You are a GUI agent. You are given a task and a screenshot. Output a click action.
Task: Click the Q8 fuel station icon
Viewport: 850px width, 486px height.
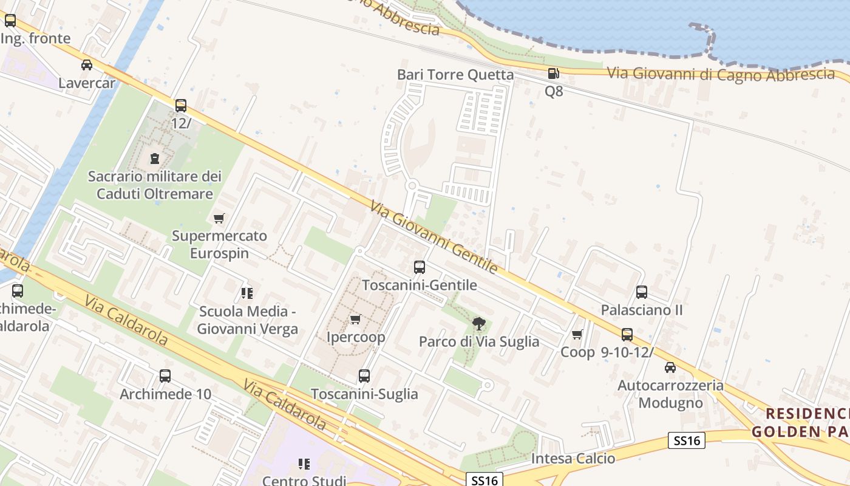(x=553, y=74)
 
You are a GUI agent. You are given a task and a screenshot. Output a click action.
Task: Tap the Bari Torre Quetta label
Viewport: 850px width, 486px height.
(x=455, y=75)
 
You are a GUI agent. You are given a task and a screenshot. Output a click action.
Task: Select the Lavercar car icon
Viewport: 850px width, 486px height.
(x=87, y=65)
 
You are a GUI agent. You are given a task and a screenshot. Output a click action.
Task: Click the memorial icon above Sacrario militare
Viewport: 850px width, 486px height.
(x=155, y=159)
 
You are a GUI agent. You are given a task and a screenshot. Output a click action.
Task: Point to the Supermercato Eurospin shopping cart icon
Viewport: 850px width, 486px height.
(x=219, y=218)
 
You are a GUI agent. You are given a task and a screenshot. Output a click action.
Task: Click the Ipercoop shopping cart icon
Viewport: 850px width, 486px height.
(x=356, y=319)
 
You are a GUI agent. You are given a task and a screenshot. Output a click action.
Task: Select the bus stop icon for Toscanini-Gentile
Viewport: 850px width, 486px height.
(x=419, y=267)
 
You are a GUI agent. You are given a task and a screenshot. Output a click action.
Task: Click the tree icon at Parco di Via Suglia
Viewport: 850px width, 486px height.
(x=479, y=323)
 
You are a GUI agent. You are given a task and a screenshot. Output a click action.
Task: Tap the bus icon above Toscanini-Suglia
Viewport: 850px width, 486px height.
(x=364, y=376)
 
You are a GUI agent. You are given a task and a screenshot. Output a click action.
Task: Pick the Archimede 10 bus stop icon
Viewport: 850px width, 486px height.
(x=165, y=376)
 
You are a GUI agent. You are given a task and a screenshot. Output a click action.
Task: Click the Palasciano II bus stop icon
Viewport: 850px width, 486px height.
(x=642, y=292)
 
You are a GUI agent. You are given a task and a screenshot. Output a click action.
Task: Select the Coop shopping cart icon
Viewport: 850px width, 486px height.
(x=577, y=334)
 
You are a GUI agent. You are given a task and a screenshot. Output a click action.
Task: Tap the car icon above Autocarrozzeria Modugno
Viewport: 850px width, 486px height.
(x=670, y=368)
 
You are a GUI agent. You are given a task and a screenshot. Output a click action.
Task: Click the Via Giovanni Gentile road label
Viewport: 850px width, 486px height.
(x=433, y=237)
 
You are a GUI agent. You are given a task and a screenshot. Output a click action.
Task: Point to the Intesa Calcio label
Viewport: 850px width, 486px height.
(x=573, y=459)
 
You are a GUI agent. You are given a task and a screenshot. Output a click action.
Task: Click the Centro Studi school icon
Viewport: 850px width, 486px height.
(x=304, y=465)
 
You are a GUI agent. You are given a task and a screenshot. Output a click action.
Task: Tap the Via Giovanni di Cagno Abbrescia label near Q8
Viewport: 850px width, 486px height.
(x=721, y=74)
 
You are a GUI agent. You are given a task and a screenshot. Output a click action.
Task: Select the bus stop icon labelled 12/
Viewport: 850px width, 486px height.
(x=181, y=106)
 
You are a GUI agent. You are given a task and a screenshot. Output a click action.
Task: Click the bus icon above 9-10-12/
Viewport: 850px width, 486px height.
(x=627, y=334)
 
